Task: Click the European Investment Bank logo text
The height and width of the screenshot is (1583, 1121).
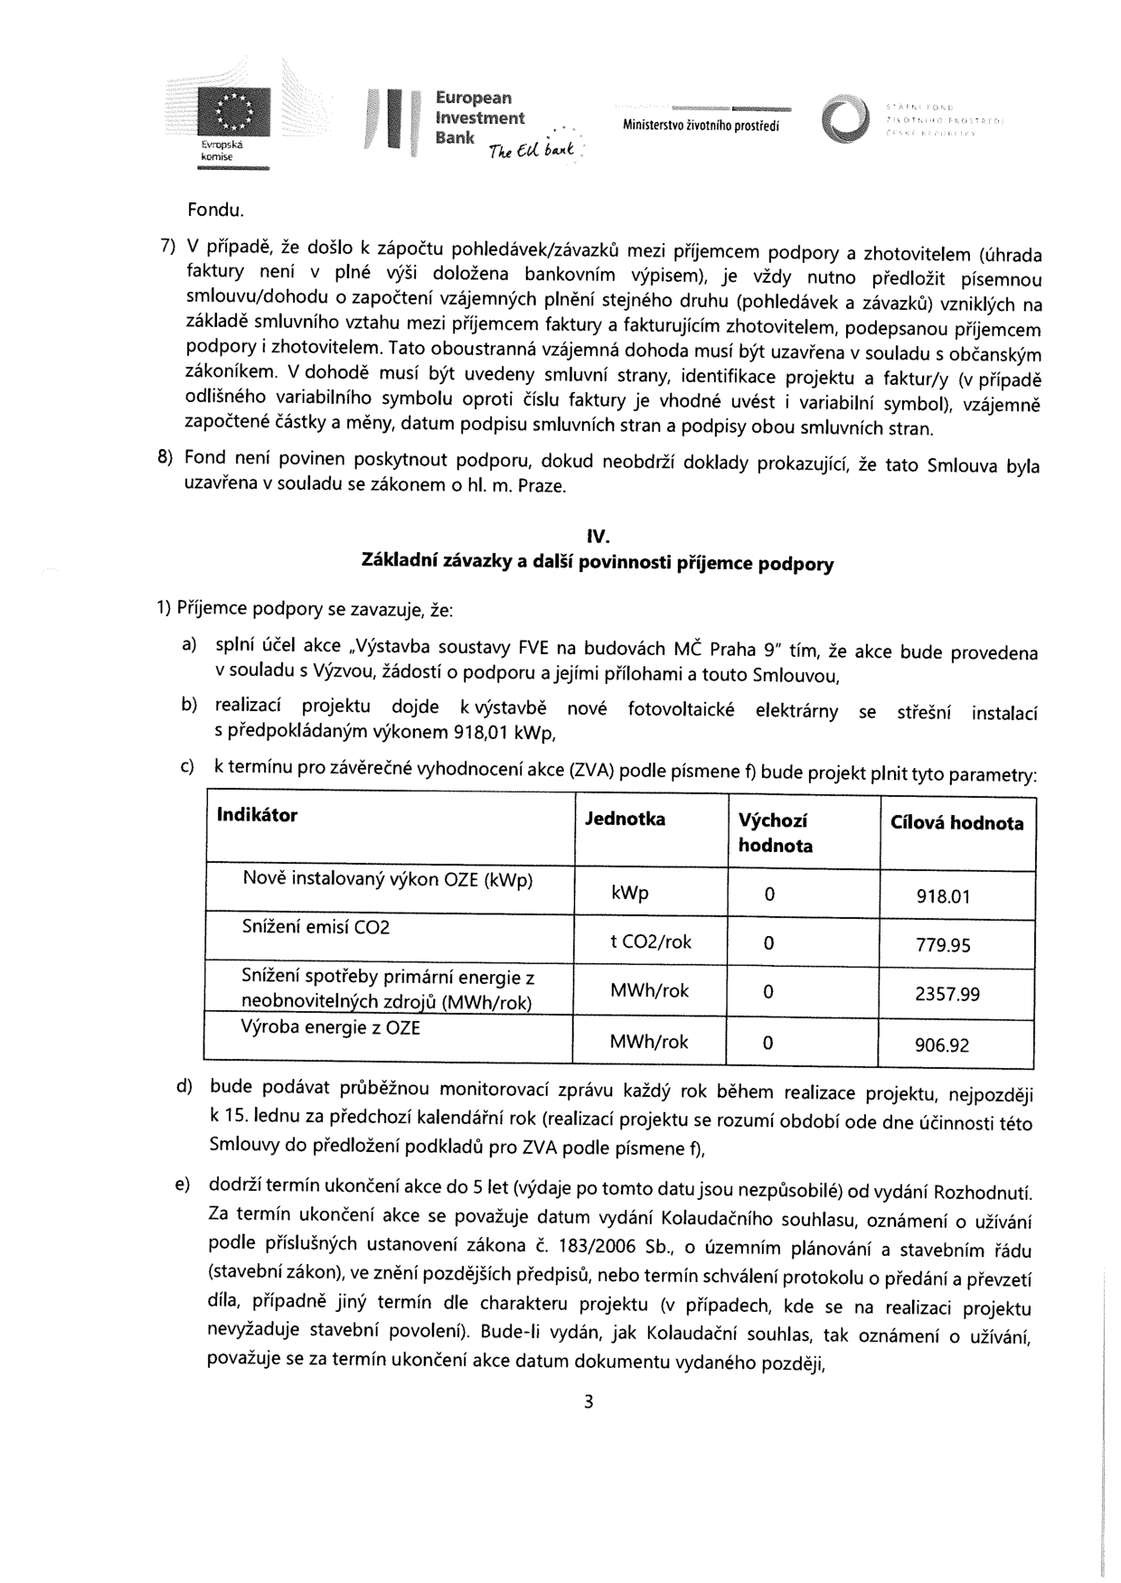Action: [479, 117]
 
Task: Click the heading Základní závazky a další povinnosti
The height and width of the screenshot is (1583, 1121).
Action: [598, 563]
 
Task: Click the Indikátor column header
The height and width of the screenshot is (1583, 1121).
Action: [258, 815]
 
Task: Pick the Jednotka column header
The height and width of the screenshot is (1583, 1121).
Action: [625, 819]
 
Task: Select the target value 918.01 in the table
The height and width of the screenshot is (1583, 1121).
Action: [943, 896]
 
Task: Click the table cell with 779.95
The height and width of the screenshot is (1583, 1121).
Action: [943, 945]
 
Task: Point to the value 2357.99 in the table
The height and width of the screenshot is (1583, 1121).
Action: [947, 994]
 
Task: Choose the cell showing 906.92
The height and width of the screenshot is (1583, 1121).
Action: [942, 1045]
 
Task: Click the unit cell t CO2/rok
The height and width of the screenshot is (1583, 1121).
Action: [651, 941]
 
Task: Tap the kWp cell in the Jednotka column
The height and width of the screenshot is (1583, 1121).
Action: [629, 893]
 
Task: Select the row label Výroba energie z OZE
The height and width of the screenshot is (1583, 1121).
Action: [330, 1027]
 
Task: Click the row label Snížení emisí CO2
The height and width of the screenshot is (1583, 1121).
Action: [316, 927]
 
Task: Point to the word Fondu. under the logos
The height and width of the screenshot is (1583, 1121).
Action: [216, 211]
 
